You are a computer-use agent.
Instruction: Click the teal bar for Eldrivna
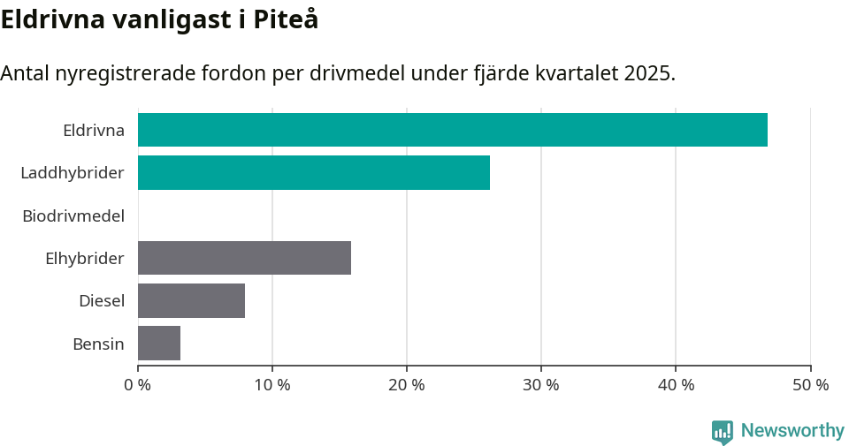453,130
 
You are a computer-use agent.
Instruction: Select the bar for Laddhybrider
314,172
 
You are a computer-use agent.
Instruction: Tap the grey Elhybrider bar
244,258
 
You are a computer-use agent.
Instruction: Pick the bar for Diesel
191,300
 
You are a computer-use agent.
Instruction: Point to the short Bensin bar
159,343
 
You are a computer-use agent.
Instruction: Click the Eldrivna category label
93,130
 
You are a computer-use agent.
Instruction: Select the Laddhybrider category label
73,172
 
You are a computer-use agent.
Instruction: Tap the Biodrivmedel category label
73,215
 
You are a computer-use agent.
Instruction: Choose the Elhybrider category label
85,258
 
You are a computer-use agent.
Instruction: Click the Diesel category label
102,300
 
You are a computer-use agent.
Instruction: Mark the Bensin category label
98,344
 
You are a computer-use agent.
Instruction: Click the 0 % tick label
138,385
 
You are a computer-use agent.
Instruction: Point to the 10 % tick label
272,385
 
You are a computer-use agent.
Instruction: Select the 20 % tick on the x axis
407,385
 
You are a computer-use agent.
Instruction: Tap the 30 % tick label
541,385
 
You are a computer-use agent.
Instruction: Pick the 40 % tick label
676,385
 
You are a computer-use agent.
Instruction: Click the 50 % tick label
810,385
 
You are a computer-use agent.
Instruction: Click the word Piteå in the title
286,19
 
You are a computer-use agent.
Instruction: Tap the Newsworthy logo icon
723,431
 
